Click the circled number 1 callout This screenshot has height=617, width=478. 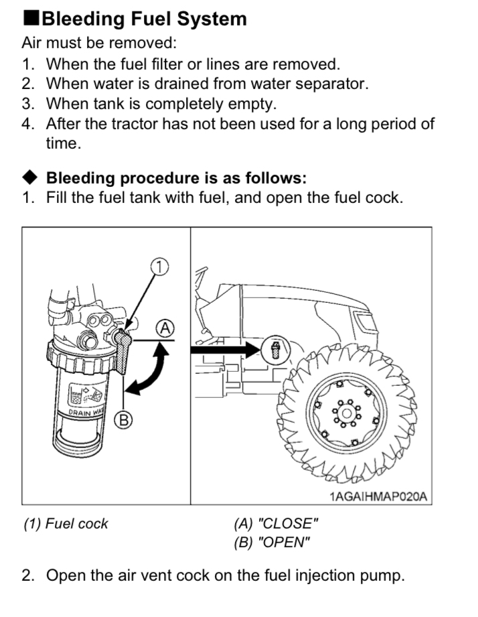(158, 266)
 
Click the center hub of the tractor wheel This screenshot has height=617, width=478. (345, 413)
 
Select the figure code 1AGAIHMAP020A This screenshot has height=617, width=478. (378, 496)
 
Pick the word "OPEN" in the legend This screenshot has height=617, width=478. (283, 543)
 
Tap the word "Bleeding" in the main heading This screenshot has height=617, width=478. (87, 18)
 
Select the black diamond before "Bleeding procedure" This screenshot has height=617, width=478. (31, 178)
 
